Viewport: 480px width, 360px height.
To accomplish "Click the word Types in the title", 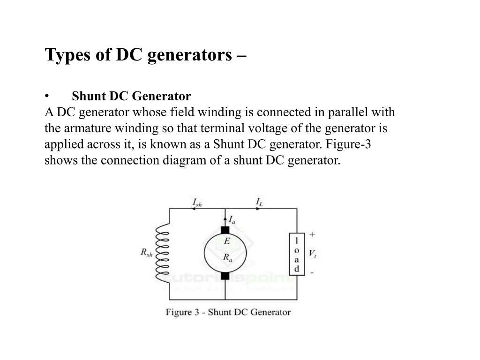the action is point(67,55).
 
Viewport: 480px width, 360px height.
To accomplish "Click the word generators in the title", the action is point(189,56).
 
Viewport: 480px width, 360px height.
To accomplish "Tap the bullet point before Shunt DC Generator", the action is point(46,97).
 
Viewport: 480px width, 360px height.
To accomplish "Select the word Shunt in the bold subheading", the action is point(89,96).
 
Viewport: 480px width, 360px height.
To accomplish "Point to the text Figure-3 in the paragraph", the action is point(348,144).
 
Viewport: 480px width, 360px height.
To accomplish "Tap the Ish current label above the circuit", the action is point(197,202).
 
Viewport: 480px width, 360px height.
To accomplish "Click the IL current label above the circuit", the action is point(259,202).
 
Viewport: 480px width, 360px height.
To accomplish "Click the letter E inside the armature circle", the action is point(226,241).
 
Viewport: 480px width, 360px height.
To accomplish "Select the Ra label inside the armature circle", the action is point(227,258).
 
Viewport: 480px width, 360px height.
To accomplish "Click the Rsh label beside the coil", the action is point(146,253).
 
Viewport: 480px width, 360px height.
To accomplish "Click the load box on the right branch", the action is point(297,254).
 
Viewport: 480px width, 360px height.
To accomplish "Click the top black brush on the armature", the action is point(225,230).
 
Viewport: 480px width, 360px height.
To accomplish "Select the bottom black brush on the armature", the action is point(225,276).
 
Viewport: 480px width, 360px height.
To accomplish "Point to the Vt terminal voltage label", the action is point(312,254).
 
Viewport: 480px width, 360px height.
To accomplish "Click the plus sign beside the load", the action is point(312,235).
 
